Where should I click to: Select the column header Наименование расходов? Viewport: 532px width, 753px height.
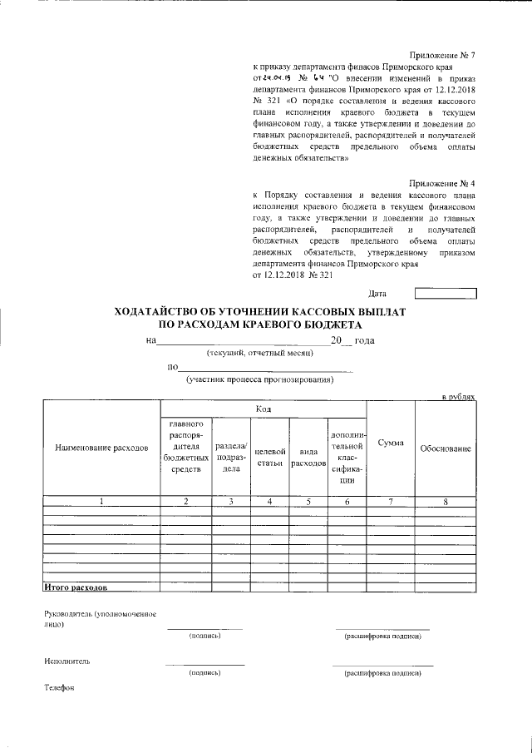click(101, 448)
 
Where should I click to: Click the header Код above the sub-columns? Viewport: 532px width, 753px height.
click(263, 409)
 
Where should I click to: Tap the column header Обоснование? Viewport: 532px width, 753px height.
click(446, 448)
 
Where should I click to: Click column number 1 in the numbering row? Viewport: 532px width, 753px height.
click(101, 501)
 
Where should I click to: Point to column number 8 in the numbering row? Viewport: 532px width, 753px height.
click(446, 501)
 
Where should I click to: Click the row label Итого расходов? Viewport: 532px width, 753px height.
click(76, 587)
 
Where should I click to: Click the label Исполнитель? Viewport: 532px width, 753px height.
click(67, 661)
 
